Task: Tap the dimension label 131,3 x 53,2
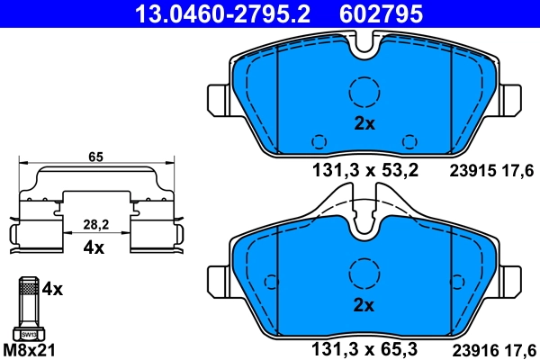(365, 169)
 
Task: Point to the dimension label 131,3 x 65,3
(365, 344)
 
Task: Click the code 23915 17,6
(491, 169)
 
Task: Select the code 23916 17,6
(491, 344)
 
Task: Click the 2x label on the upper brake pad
(364, 125)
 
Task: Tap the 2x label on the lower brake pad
(364, 305)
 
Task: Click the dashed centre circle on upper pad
(364, 92)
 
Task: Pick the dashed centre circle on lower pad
(364, 273)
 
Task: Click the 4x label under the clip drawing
(94, 247)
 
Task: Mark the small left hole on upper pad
(319, 140)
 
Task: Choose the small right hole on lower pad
(410, 320)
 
